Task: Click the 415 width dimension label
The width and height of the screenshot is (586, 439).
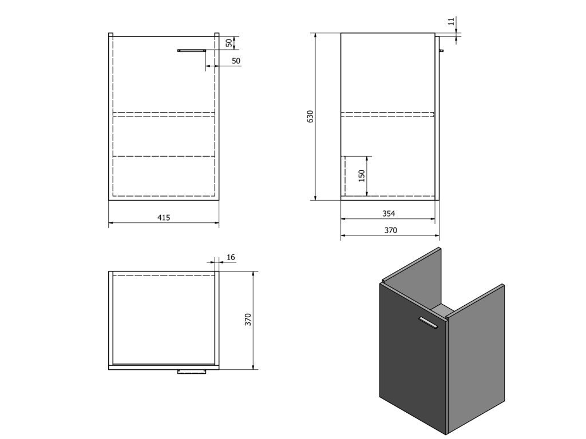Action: pyautogui.click(x=164, y=217)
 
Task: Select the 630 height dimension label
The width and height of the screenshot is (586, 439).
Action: pyautogui.click(x=310, y=117)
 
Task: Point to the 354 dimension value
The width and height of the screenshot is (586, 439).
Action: pyautogui.click(x=389, y=214)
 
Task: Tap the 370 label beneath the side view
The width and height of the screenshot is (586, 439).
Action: pyautogui.click(x=390, y=230)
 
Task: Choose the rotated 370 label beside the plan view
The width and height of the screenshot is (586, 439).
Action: pyautogui.click(x=248, y=320)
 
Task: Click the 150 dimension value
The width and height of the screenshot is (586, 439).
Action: pyautogui.click(x=362, y=176)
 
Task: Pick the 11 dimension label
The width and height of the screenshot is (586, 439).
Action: pyautogui.click(x=452, y=21)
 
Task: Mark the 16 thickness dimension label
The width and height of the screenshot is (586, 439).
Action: pyautogui.click(x=231, y=257)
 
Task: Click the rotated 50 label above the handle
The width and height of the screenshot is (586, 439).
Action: pyautogui.click(x=229, y=42)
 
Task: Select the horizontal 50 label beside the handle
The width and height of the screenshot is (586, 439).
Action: pyautogui.click(x=236, y=61)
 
